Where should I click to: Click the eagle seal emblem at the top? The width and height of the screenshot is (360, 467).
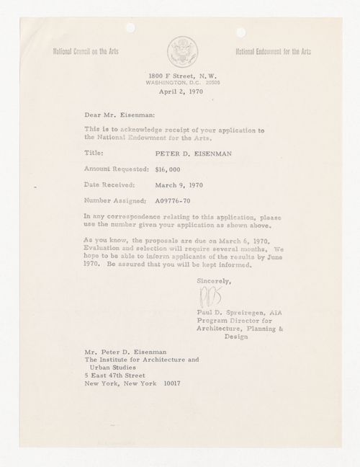(x=179, y=52)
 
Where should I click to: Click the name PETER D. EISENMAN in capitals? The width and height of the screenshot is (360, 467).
(x=189, y=152)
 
